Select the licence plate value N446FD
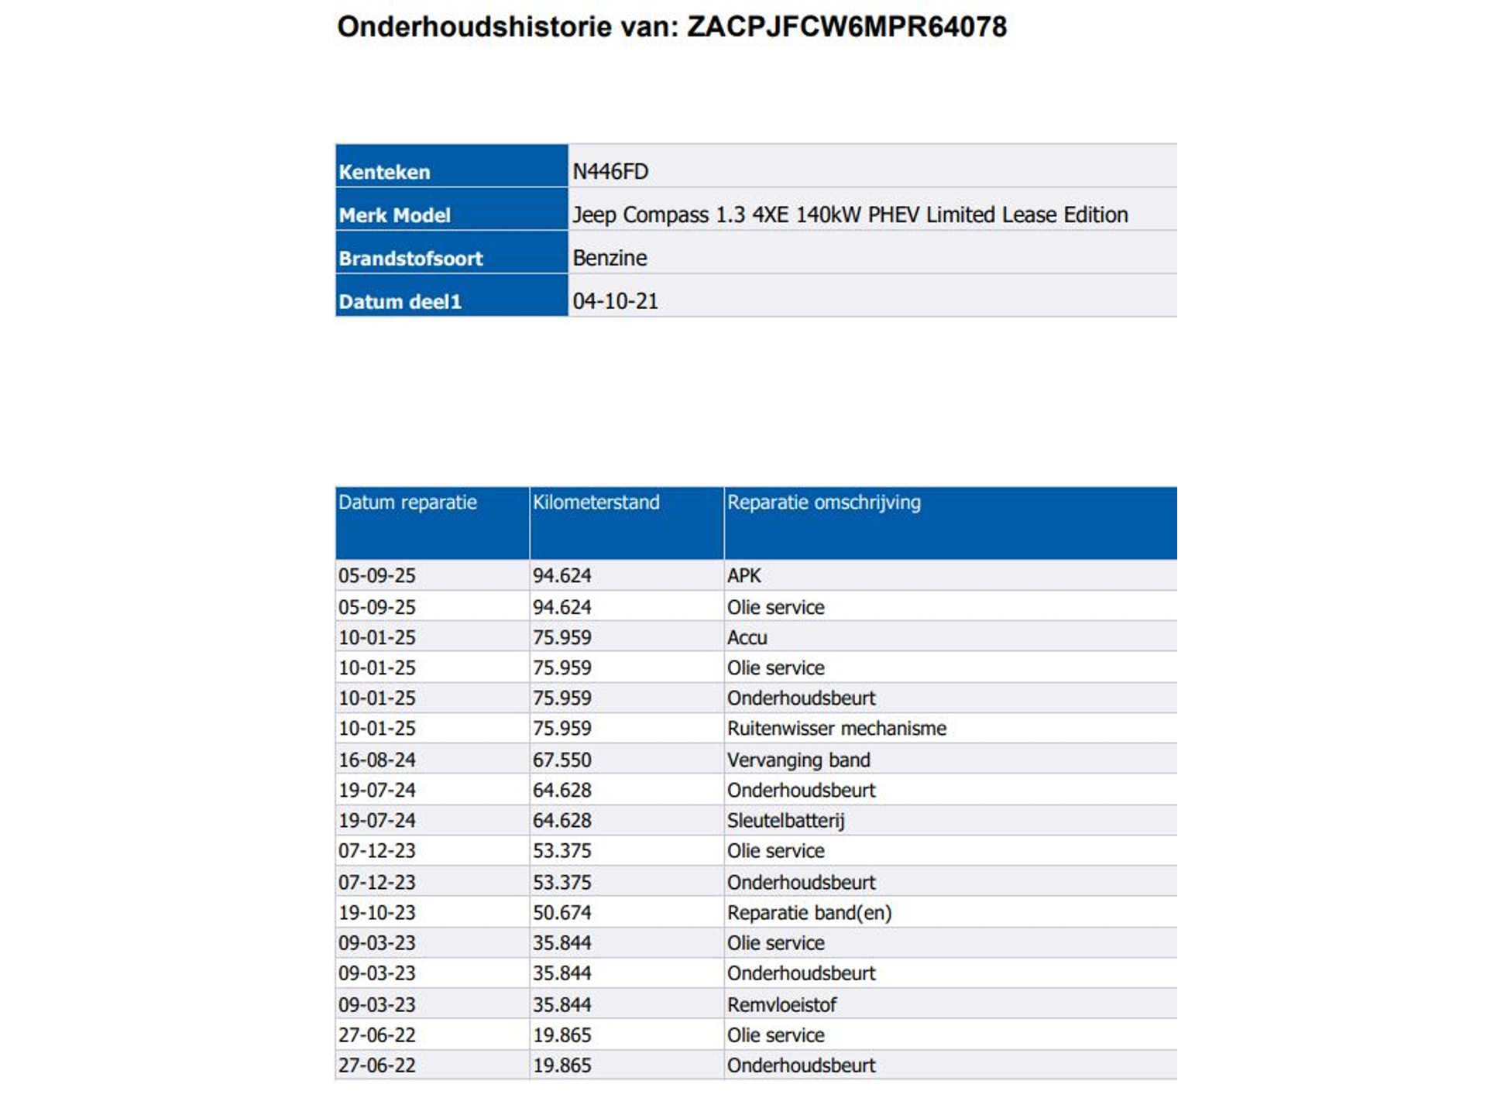coord(610,171)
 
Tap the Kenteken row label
coord(384,172)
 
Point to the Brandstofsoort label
coord(410,259)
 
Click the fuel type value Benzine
coord(610,258)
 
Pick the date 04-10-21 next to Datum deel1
coord(615,301)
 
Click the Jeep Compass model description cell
coord(850,214)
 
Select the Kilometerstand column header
coord(596,503)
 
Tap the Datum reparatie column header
coord(407,503)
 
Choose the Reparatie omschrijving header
coord(823,503)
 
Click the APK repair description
coord(743,575)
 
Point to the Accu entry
coord(747,637)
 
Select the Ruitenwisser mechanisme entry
coord(836,729)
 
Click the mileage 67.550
coord(561,760)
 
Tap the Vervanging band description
coord(798,760)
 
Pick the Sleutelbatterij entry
coord(785,820)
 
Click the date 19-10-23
coord(376,912)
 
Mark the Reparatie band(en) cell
coord(809,912)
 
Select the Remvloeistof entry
coord(781,1004)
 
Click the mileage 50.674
coord(561,912)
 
